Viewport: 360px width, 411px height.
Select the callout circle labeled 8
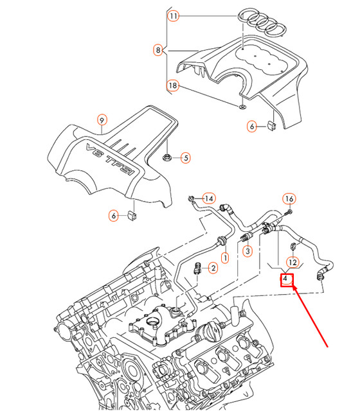coord(157,49)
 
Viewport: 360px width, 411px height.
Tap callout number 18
coord(173,85)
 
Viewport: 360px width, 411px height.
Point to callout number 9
coord(101,119)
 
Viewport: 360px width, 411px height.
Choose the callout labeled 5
coord(184,157)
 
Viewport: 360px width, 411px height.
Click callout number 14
coord(208,197)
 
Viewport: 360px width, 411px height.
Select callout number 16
coord(289,198)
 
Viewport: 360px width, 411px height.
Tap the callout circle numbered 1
coord(226,258)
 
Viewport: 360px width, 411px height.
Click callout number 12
coord(292,262)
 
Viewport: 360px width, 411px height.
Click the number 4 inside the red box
coord(285,280)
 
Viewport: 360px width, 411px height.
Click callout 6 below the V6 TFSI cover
coord(114,216)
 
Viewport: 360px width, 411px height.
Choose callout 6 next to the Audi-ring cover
coord(252,127)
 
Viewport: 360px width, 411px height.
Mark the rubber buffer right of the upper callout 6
coord(271,123)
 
